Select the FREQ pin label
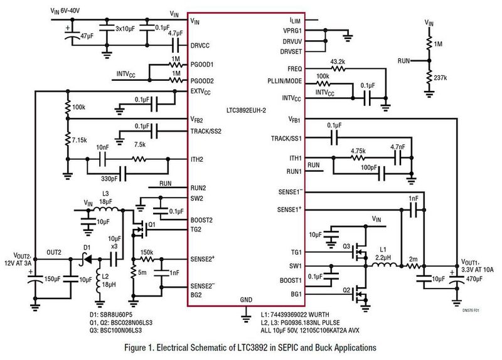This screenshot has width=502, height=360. [x=293, y=68]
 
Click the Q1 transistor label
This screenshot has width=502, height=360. [x=151, y=224]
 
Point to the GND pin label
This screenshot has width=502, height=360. [x=246, y=300]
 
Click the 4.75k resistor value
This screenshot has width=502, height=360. [x=358, y=151]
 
